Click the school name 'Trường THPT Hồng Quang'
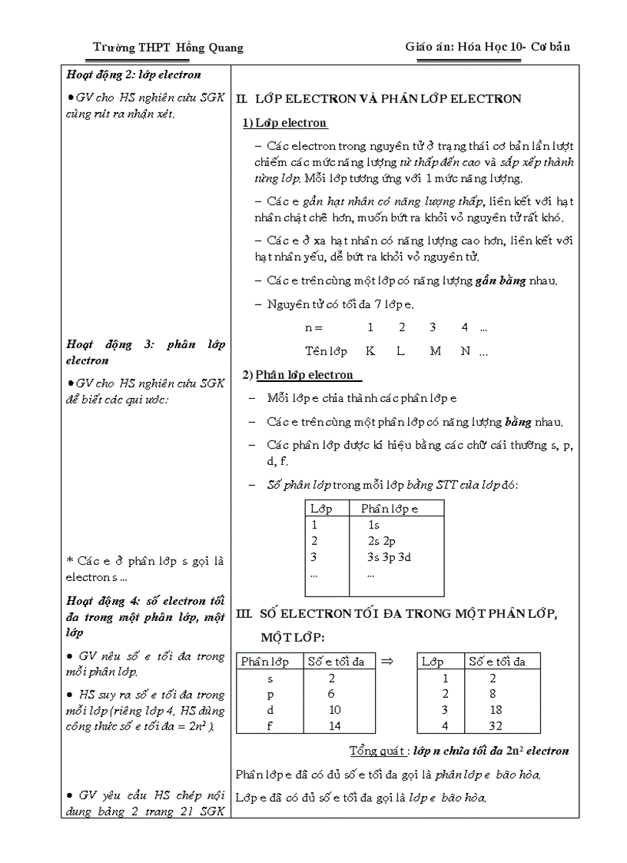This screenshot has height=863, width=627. [168, 48]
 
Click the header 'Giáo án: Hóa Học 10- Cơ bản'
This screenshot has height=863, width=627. [487, 47]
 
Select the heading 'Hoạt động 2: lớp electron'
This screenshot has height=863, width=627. [134, 75]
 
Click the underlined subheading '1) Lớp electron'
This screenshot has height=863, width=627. [285, 123]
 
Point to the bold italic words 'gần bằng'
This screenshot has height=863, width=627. [501, 280]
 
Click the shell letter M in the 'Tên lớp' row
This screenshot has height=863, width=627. [435, 351]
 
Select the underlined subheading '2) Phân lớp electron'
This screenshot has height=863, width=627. [299, 375]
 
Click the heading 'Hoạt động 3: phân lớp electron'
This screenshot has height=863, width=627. [145, 352]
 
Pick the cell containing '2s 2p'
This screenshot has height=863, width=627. [381, 541]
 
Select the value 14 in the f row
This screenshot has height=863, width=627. [334, 725]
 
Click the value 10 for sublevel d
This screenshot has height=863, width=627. [334, 710]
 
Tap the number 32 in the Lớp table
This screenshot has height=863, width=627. [496, 725]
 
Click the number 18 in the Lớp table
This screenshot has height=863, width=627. [496, 710]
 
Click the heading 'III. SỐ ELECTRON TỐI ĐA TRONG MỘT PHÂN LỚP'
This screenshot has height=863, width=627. [397, 614]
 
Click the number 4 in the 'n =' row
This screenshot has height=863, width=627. [465, 327]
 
